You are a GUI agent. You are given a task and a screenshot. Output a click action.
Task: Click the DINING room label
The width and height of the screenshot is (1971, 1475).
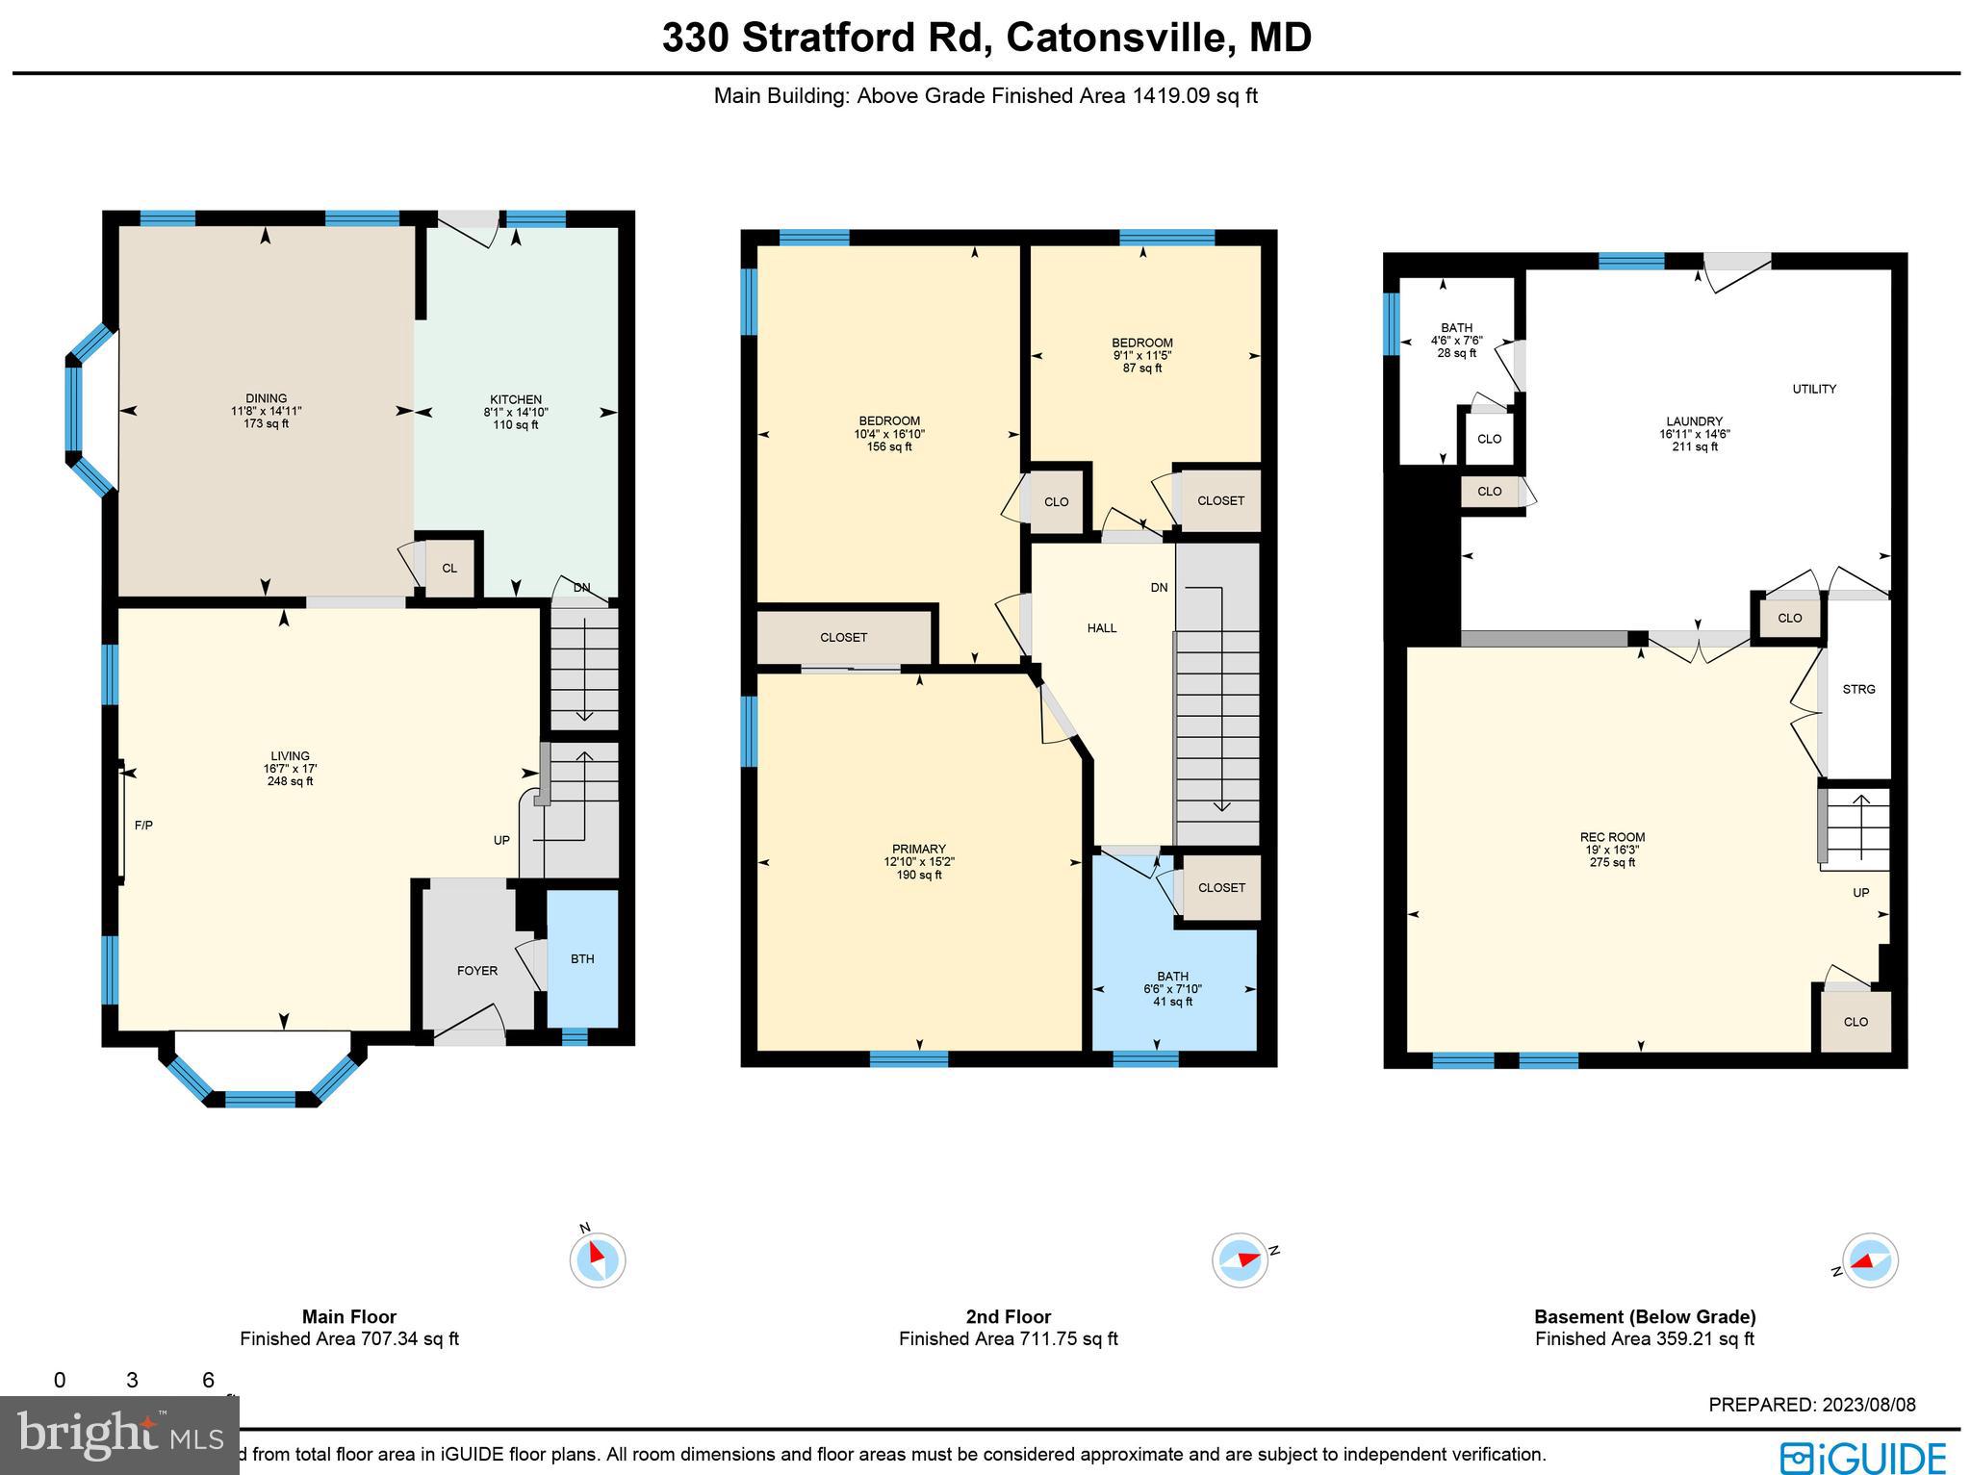click(x=266, y=398)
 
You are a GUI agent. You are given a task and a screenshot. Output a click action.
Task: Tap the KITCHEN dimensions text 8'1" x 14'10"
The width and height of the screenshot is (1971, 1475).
click(x=516, y=412)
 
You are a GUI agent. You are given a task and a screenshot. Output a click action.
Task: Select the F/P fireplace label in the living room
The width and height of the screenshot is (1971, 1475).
click(x=143, y=826)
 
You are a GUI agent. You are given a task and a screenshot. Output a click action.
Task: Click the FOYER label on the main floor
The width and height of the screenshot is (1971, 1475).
click(x=476, y=971)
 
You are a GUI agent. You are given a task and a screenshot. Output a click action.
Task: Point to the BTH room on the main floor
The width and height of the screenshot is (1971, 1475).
click(x=582, y=959)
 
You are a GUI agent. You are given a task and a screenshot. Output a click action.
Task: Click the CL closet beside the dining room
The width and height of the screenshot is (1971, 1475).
click(x=449, y=569)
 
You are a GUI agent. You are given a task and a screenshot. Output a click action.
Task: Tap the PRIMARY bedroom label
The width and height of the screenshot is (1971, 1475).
click(x=918, y=849)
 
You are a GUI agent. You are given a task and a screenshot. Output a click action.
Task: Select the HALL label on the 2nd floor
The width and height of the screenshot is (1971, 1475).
click(x=1102, y=628)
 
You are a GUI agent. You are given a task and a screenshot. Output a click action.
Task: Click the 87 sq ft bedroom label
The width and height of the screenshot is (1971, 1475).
click(x=1142, y=368)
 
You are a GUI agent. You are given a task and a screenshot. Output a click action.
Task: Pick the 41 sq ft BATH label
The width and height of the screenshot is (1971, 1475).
click(x=1172, y=1002)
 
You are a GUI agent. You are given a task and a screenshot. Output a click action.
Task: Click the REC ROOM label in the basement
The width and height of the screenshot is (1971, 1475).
click(x=1612, y=837)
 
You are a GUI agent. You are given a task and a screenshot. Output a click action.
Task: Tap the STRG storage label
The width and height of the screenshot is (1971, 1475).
click(x=1858, y=690)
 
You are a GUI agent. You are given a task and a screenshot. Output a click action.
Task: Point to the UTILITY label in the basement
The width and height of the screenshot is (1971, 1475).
click(x=1814, y=390)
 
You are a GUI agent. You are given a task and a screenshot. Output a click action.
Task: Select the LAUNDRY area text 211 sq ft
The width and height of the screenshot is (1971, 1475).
click(x=1695, y=446)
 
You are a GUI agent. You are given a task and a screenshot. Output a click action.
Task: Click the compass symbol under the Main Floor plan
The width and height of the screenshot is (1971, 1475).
click(x=597, y=1259)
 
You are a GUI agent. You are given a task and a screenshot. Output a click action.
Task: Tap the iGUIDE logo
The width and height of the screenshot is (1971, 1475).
click(x=1862, y=1456)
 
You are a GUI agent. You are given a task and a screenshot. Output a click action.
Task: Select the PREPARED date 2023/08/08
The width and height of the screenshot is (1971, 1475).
click(x=1864, y=1405)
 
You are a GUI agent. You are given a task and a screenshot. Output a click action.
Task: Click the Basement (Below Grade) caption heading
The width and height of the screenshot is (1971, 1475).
click(x=1645, y=1316)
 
